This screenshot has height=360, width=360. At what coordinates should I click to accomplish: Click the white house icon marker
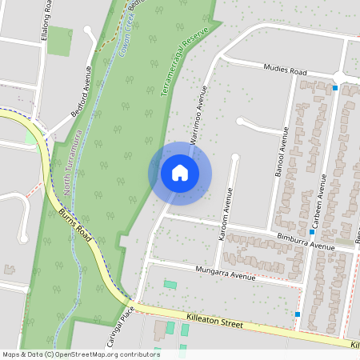[x=180, y=173]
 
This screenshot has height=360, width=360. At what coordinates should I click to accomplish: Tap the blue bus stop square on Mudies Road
[x=334, y=87]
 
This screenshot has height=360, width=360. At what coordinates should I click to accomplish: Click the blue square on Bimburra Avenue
[x=311, y=231]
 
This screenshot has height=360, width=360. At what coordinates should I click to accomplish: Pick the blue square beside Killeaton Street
[x=298, y=314]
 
